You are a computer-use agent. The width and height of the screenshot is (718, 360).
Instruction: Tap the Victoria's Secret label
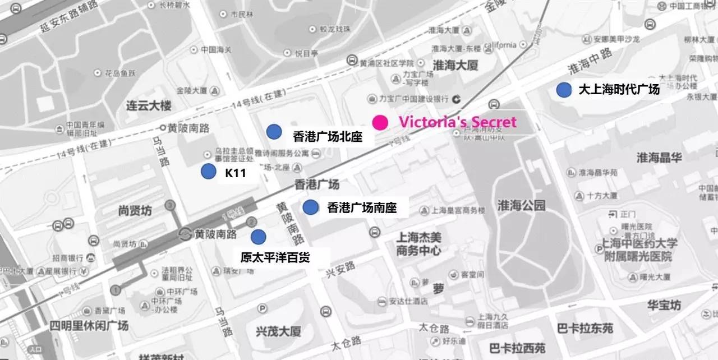[x=457, y=122]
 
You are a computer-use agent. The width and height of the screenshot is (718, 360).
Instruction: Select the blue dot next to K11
[x=209, y=172]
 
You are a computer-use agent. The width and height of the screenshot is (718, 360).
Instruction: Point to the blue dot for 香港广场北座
[x=274, y=131]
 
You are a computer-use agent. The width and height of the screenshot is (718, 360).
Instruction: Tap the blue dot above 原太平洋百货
[x=258, y=237]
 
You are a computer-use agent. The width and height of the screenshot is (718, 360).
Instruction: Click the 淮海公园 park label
[x=521, y=206]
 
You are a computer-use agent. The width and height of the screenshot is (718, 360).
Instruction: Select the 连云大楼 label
[x=149, y=105]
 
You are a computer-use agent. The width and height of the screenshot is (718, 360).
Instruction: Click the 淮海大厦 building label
[x=455, y=66]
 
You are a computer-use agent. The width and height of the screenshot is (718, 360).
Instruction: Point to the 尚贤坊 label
[x=135, y=211]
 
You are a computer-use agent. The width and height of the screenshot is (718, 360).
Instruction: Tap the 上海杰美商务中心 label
[x=418, y=244]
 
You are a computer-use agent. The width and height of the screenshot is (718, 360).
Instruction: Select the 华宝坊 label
[x=664, y=306]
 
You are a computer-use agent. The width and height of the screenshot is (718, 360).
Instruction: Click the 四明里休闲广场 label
[x=89, y=326]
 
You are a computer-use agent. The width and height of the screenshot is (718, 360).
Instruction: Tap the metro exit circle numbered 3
[x=170, y=206]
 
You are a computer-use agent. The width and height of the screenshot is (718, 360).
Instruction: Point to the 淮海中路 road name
[x=591, y=62]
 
